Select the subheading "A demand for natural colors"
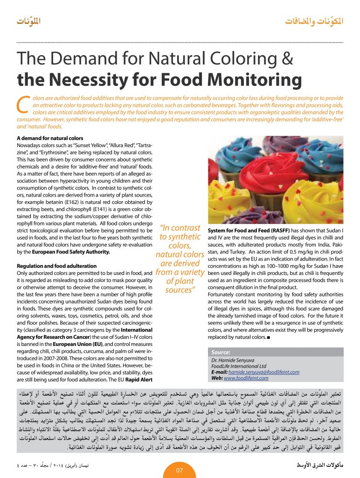tap(50, 139)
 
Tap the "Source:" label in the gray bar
tap(221, 353)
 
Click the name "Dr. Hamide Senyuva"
tap(233, 360)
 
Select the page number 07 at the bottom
tap(180, 470)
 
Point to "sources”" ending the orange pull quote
tap(180, 290)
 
